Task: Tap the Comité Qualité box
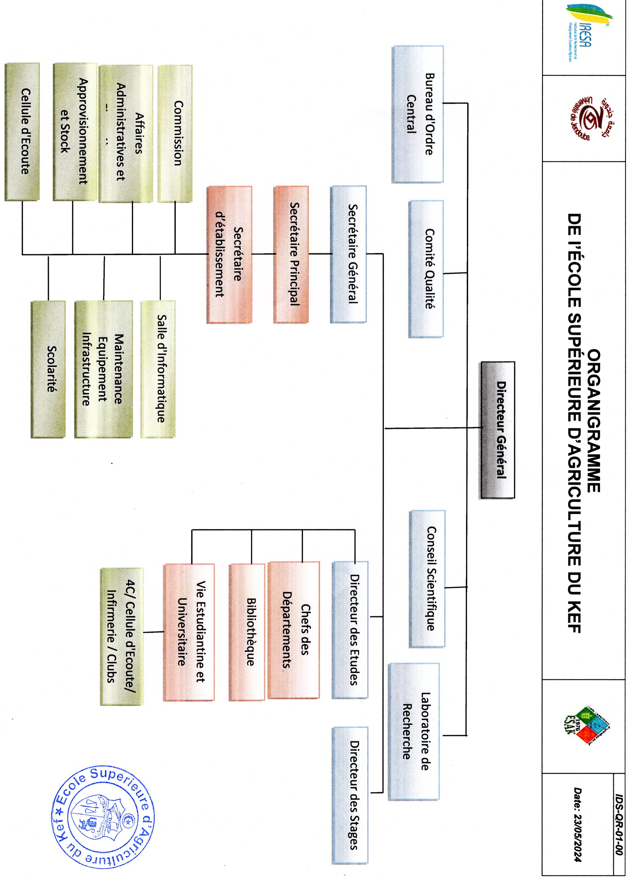(x=426, y=269)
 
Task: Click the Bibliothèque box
(x=247, y=632)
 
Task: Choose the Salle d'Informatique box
(x=158, y=369)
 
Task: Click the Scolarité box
(x=48, y=369)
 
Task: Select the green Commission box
(x=175, y=133)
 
